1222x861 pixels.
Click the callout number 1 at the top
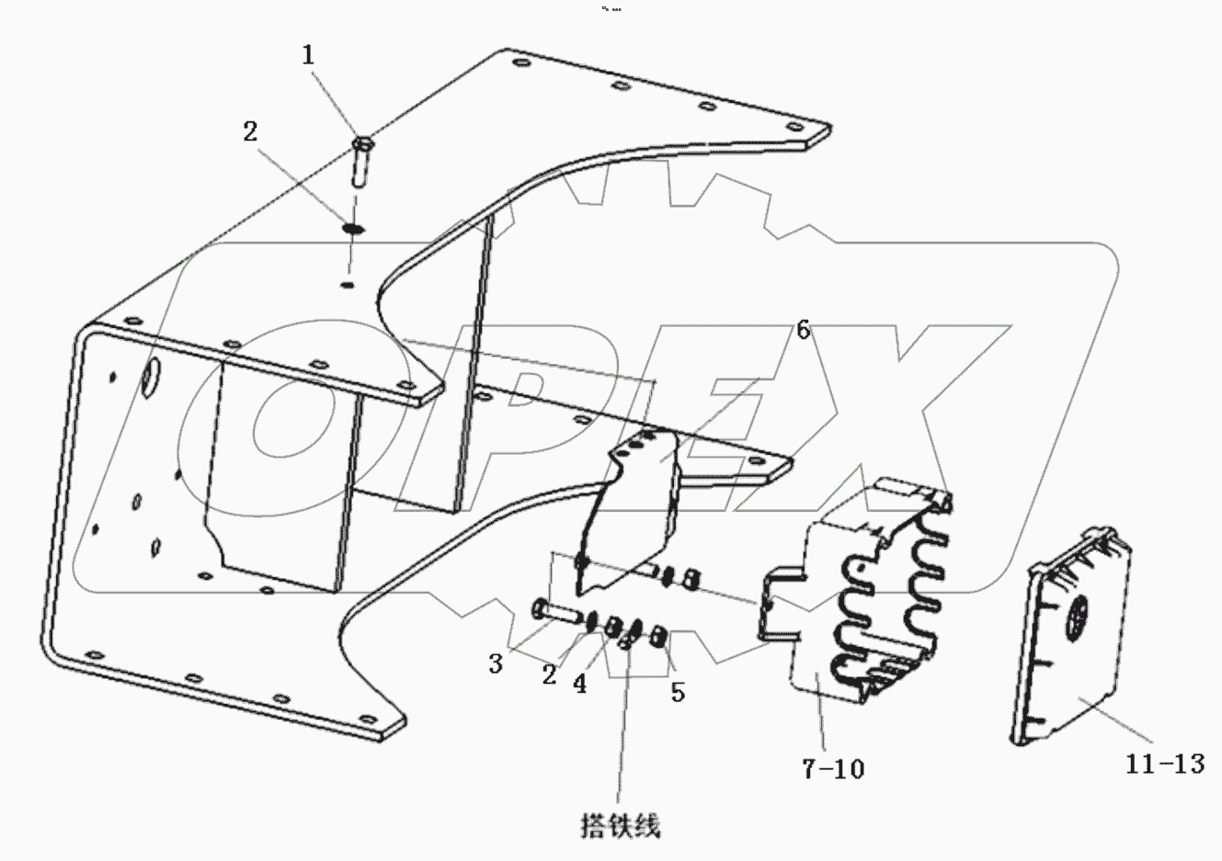[309, 54]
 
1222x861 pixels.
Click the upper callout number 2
[249, 132]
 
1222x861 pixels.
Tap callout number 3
[496, 663]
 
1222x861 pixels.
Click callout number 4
[579, 685]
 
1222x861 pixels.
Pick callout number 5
[678, 691]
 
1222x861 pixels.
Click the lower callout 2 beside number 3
[548, 675]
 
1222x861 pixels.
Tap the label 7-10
[832, 768]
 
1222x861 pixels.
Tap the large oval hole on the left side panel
[149, 379]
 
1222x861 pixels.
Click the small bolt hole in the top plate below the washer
[346, 285]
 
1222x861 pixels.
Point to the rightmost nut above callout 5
[658, 635]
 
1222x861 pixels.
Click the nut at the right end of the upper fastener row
[695, 580]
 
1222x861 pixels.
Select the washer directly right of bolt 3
[591, 621]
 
